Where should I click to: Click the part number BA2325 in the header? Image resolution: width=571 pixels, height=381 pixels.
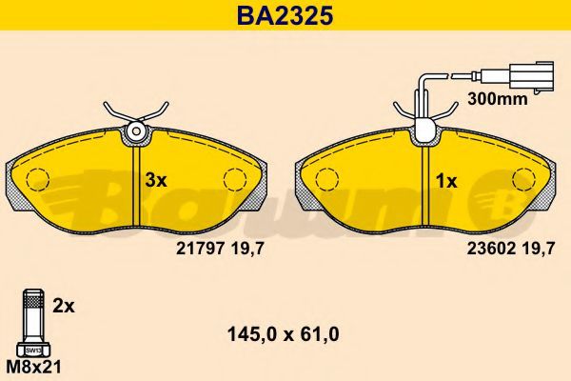pos(285,15)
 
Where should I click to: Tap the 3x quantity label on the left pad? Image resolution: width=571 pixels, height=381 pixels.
pos(156,180)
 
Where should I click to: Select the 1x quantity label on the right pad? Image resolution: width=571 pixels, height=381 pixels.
pos(446,181)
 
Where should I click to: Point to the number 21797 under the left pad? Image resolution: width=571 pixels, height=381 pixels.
pos(200,249)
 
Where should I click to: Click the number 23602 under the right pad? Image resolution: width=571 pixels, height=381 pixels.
pos(491,249)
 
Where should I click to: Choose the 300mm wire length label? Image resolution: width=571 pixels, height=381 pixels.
pos(497,98)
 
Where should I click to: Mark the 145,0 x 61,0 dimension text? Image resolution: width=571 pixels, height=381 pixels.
pos(284,334)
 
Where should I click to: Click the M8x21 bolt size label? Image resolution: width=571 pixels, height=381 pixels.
pos(34,367)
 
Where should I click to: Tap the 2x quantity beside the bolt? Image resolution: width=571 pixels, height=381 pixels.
pos(64,307)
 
